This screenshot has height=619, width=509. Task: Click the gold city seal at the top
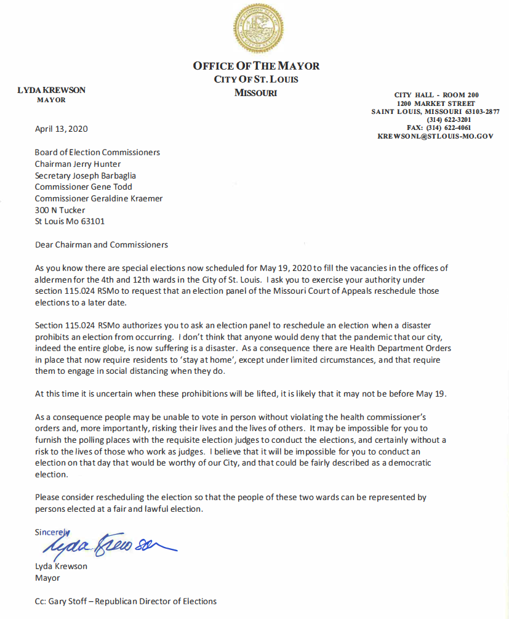[x=258, y=29]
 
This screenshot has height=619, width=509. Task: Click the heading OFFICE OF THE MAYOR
[x=256, y=66]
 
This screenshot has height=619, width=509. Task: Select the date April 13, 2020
[x=61, y=129]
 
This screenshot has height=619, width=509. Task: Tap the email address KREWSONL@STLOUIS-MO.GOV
[x=435, y=136]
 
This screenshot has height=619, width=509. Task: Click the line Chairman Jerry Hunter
[x=78, y=164]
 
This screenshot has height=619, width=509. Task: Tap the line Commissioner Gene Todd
[x=83, y=187]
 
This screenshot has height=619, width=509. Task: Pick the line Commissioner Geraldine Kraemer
[x=98, y=198]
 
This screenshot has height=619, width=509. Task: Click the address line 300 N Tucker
[x=60, y=210]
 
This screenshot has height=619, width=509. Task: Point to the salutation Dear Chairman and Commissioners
[x=102, y=245]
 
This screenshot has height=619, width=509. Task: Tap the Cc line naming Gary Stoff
[x=126, y=601]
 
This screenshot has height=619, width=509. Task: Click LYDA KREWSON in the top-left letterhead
[x=51, y=90]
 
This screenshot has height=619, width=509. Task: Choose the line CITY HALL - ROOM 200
[x=436, y=95]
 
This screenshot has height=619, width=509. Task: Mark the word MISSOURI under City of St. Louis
[x=256, y=93]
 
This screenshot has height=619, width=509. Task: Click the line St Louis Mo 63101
[x=70, y=221]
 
